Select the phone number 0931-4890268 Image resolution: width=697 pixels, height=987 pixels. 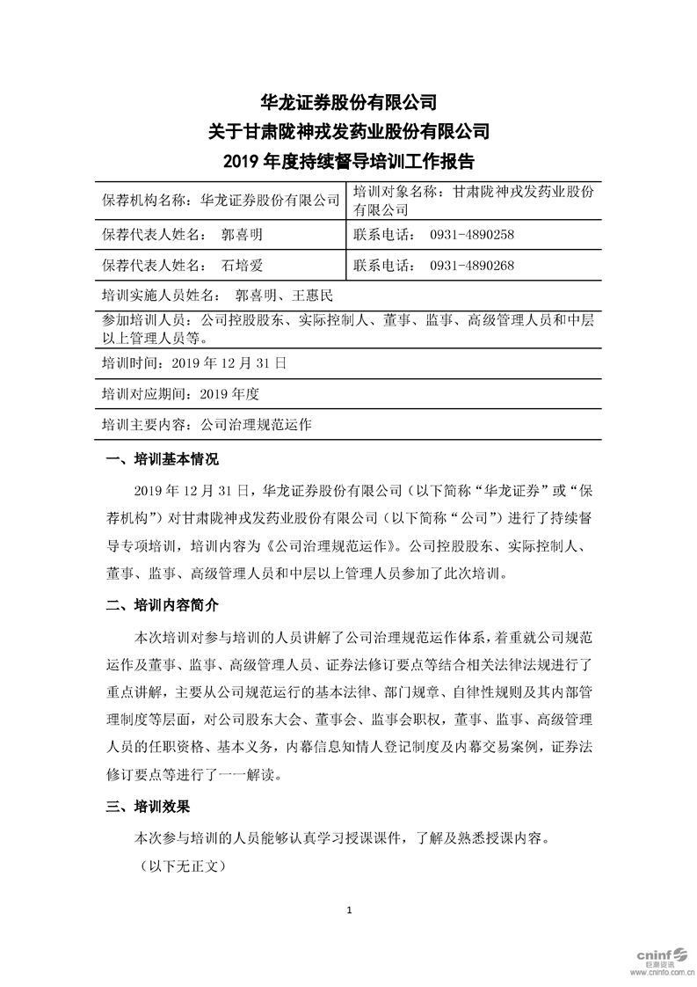click(471, 265)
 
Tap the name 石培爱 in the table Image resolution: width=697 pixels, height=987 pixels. click(243, 265)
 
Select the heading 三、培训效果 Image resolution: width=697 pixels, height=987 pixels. click(148, 806)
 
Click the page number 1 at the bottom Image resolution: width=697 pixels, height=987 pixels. click(349, 910)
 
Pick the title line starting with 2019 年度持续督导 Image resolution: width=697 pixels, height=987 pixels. click(349, 161)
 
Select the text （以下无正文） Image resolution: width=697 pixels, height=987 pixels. click(184, 866)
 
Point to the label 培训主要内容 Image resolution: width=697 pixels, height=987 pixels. click(144, 424)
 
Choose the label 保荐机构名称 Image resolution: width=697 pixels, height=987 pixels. click(144, 200)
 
